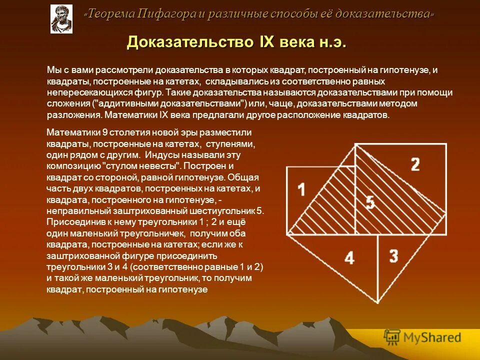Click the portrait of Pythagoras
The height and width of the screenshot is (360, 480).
[x=61, y=18]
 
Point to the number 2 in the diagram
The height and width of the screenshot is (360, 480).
[x=415, y=164]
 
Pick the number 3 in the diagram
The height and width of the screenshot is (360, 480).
[x=393, y=256]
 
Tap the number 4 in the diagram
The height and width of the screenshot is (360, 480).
[x=349, y=258]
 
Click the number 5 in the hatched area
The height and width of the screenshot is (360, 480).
[x=369, y=202]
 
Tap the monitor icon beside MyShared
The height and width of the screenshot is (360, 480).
[x=392, y=337]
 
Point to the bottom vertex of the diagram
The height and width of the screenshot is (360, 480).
[x=377, y=302]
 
